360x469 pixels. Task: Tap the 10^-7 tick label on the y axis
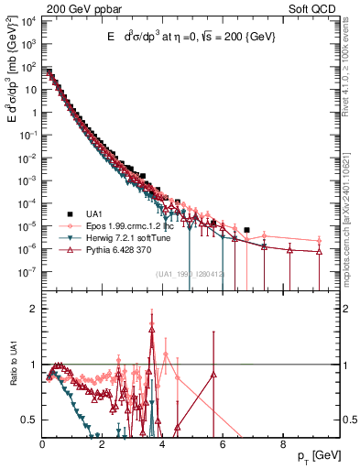29,271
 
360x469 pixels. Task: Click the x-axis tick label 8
282,444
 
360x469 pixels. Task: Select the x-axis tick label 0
43,444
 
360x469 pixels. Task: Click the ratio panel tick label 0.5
30,420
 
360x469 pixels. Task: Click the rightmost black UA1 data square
246,230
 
